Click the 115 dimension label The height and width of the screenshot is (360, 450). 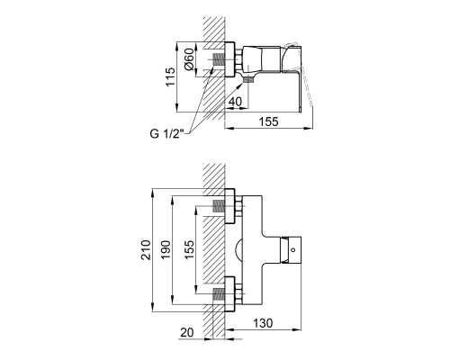tap(170, 77)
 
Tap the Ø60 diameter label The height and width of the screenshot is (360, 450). tap(189, 59)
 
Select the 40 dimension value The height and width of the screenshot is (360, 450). tap(235, 102)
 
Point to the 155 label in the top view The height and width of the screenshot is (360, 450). tap(269, 121)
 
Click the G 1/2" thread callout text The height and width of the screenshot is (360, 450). tap(166, 133)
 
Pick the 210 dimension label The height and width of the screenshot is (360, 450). tap(146, 250)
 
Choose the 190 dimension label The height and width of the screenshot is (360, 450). tap(166, 250)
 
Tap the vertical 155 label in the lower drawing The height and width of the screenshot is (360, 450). tap(189, 250)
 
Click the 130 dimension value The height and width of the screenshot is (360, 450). tap(263, 323)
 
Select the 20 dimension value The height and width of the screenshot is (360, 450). tap(187, 333)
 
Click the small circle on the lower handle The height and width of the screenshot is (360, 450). tap(293, 249)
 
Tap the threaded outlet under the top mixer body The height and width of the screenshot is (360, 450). tap(248, 79)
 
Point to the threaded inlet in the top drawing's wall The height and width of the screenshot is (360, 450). tap(219, 59)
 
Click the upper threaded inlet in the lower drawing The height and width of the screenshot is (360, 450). tap(219, 206)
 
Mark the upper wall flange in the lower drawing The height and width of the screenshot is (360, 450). tap(229, 206)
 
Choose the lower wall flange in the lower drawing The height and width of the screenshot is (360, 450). tap(229, 294)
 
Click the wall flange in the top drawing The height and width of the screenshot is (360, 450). tap(229, 59)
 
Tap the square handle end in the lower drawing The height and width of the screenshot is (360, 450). tap(291, 249)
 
